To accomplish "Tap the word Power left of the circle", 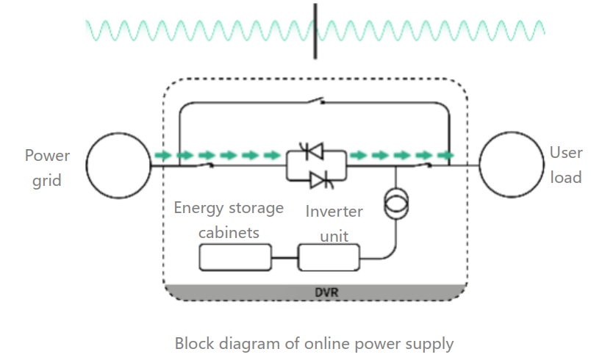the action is tap(47, 156).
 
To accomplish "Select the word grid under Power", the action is tap(47, 181).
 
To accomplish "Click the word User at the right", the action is tap(566, 153).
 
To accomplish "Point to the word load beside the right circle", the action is tap(566, 177).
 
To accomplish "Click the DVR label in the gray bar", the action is tap(326, 292).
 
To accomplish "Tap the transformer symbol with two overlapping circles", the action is tap(395, 204).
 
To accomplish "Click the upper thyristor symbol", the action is tap(312, 151).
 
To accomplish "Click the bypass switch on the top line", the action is tap(316, 101).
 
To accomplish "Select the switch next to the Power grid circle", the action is tap(204, 164).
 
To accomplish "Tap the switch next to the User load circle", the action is tap(422, 164).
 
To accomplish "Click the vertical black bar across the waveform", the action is tap(315, 32).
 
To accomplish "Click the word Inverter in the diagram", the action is tap(334, 212).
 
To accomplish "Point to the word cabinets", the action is tap(229, 233).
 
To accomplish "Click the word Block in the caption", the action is tap(196, 343).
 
